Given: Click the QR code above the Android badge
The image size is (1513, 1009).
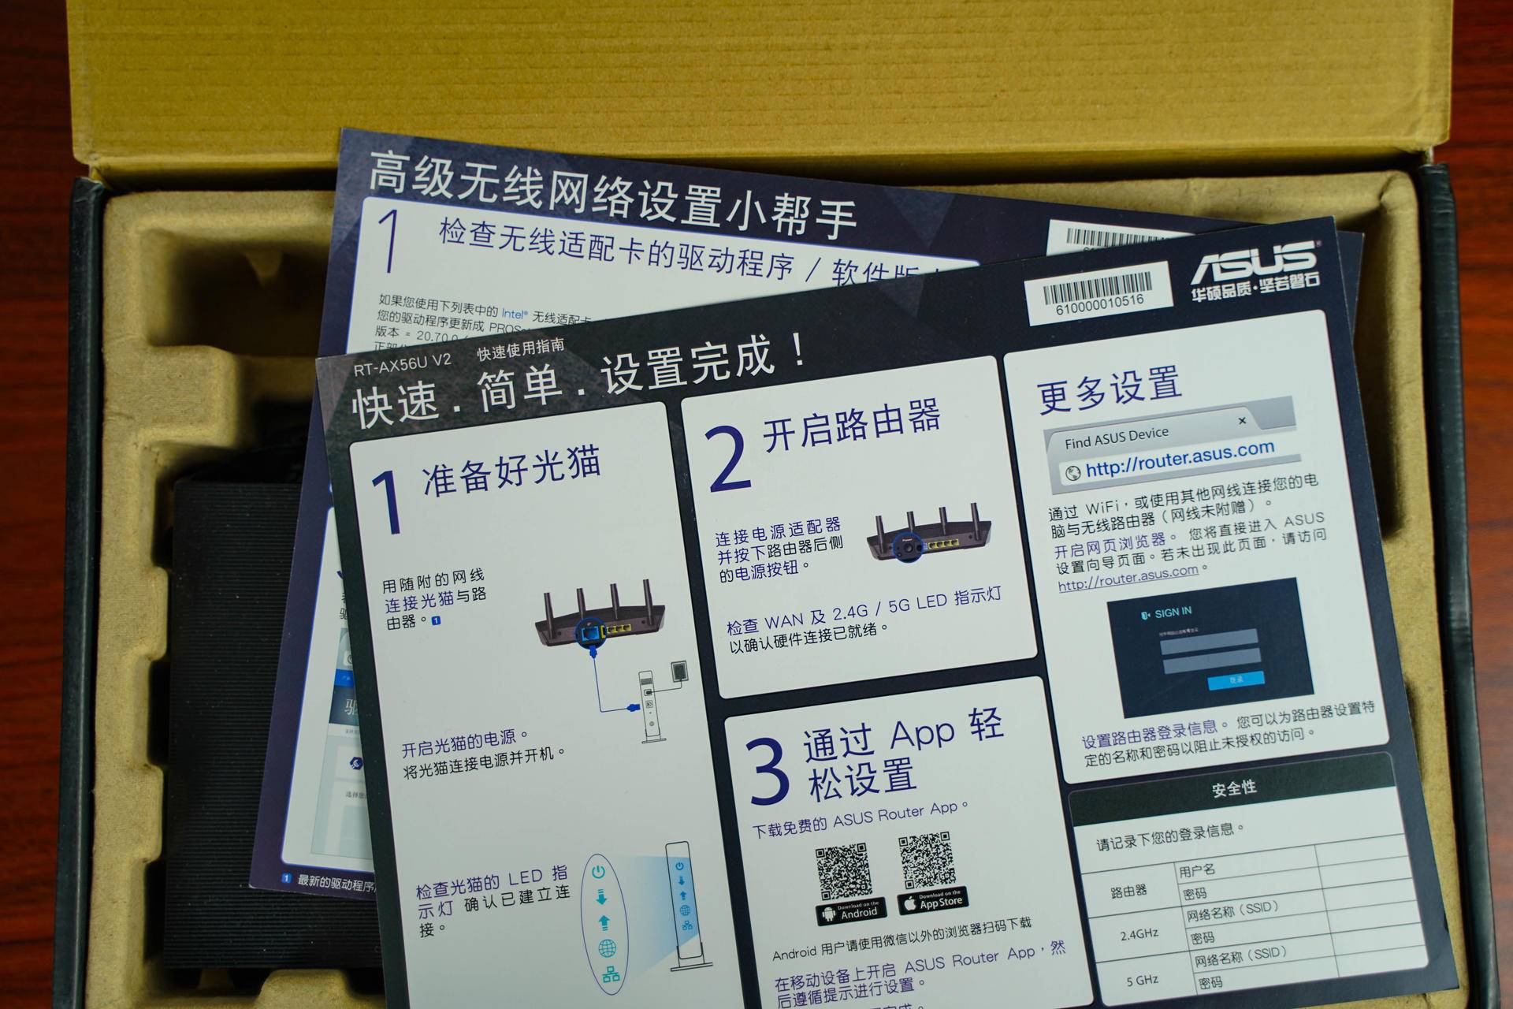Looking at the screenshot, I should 843,871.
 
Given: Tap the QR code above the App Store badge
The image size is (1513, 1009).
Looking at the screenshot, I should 927,859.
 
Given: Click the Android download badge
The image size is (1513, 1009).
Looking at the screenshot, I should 851,911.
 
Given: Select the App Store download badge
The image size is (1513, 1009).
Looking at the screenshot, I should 932,900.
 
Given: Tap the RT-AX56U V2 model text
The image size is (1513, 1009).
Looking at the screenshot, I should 402,363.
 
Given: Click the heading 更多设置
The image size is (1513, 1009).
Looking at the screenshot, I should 1109,389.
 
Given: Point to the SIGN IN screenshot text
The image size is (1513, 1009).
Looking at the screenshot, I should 1172,612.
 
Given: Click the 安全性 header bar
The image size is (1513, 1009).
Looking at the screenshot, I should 1233,787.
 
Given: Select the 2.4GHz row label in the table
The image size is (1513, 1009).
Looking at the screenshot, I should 1139,935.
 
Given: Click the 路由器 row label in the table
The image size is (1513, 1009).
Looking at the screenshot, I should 1128,892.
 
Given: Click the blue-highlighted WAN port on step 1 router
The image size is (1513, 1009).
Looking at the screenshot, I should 588,631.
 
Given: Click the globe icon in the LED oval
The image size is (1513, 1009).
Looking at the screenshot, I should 607,948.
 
